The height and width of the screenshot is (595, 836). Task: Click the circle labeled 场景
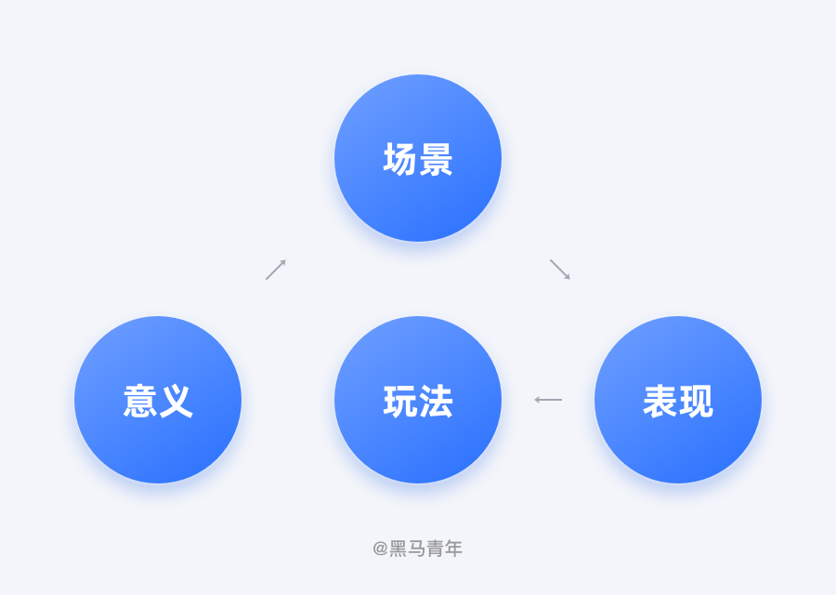[418, 158]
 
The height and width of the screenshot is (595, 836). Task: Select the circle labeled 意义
[158, 400]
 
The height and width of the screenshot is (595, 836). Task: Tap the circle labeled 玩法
[418, 400]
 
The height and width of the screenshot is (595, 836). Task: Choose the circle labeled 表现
[678, 400]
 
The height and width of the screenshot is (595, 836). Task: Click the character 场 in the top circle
[399, 159]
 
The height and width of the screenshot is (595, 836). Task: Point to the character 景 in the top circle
[437, 159]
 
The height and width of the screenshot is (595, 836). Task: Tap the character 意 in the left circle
[139, 401]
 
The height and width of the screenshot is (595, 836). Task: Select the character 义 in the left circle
[176, 401]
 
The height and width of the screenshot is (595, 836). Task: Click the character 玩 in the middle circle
[399, 401]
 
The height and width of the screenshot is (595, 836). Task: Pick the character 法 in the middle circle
[437, 401]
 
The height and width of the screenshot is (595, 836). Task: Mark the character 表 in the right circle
[660, 401]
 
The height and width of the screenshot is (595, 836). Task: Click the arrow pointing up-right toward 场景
[276, 270]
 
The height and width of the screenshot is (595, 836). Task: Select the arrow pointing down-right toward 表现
[560, 270]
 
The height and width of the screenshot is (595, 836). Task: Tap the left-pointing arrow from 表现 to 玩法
[548, 400]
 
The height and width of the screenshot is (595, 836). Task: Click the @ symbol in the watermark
[380, 549]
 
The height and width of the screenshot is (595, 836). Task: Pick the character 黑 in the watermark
[398, 549]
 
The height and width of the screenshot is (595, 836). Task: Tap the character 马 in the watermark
[417, 549]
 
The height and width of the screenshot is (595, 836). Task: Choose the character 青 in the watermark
[435, 549]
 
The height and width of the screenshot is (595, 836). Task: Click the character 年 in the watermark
[453, 549]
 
